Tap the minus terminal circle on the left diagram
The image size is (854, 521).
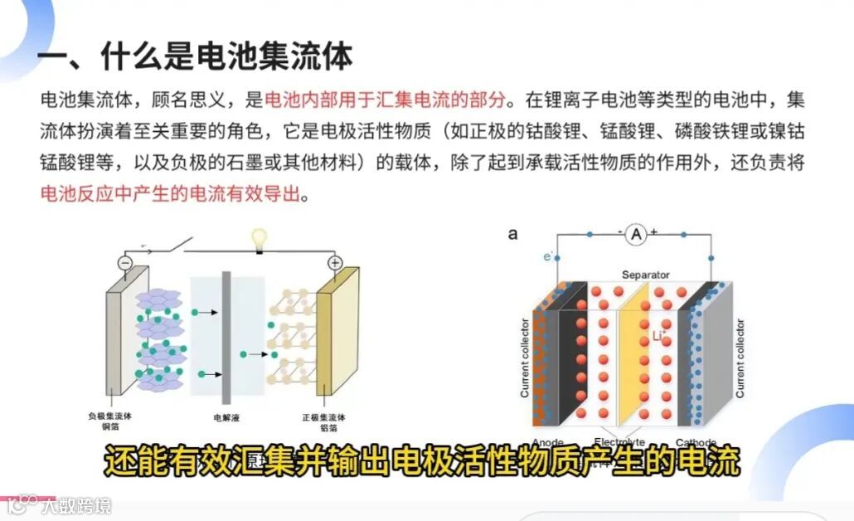tap(125, 263)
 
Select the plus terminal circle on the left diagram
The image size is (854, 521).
tap(335, 263)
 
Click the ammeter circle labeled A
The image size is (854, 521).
tap(636, 236)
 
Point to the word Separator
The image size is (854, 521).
tap(645, 275)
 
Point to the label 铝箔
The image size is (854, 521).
tap(328, 428)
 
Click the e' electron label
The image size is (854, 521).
tap(548, 257)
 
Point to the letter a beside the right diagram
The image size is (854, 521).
tap(513, 234)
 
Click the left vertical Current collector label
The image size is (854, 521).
tap(525, 357)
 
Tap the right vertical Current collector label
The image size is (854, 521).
tap(740, 357)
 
